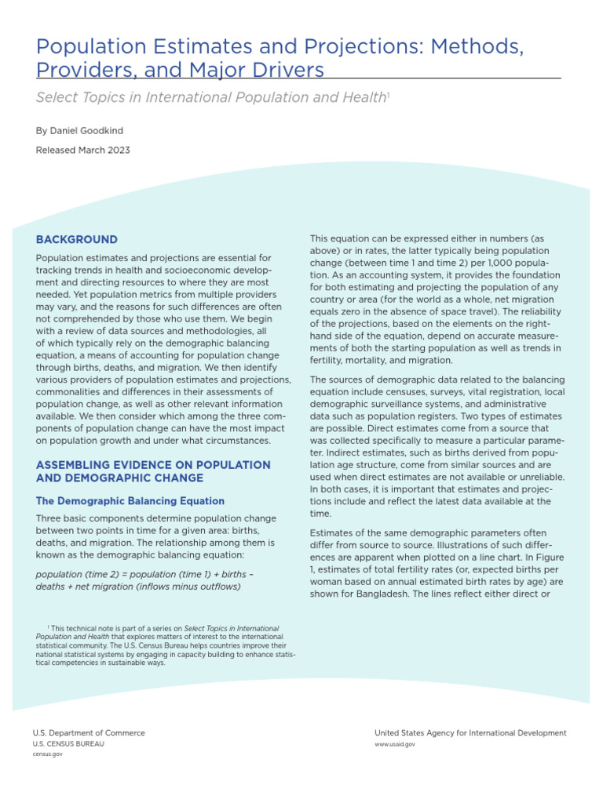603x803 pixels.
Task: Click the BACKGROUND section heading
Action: (77, 240)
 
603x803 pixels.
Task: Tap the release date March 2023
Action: (107, 150)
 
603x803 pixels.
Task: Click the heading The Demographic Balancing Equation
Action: (130, 501)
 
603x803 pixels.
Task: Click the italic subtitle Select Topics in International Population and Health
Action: (210, 97)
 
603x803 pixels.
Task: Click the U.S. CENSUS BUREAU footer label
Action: (68, 743)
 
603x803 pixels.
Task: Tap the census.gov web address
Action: (48, 754)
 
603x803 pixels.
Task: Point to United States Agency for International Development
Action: (470, 733)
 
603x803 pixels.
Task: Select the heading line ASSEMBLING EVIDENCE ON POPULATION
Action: (153, 465)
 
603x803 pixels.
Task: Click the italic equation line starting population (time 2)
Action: (144, 573)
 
